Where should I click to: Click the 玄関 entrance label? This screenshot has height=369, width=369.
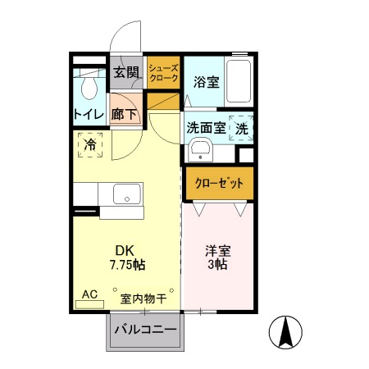coord(125,72)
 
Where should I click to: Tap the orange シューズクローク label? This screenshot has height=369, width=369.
coord(163,73)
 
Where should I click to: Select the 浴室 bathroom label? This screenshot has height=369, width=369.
coord(206,82)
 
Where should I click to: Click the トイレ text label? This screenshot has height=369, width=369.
coord(89,114)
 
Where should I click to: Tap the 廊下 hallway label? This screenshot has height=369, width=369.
coord(125,114)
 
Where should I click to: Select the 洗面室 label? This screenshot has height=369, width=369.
coord(205,128)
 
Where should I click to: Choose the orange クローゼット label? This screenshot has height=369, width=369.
coord(218,184)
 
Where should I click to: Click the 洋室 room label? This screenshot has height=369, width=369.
coord(216,250)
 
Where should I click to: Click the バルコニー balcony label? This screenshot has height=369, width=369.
coord(145,330)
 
